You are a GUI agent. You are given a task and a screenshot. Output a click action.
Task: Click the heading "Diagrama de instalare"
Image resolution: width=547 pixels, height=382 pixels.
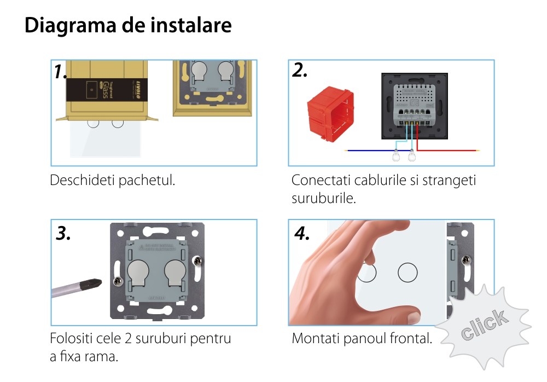click(x=128, y=26)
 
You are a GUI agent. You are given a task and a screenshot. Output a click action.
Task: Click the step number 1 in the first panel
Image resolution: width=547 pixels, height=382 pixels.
click(x=60, y=72)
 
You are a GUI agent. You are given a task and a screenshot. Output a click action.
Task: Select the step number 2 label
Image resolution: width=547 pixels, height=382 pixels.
click(x=300, y=71)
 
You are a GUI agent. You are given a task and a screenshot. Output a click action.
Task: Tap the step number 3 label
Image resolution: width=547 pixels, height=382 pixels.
click(x=63, y=234)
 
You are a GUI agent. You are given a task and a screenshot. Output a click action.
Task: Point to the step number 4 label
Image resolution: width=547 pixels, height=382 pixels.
click(x=302, y=233)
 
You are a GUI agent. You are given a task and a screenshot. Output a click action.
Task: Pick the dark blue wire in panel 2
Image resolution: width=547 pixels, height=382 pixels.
click(x=372, y=149)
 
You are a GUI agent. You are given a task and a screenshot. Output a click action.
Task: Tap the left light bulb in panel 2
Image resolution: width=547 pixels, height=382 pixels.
click(x=397, y=157)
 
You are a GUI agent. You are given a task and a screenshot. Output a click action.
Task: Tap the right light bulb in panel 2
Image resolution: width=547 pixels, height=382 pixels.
click(x=411, y=157)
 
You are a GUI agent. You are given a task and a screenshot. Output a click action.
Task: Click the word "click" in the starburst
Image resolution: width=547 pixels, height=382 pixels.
click(x=484, y=325)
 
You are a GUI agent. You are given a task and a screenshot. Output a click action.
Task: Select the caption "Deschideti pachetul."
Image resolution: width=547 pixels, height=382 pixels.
click(x=113, y=180)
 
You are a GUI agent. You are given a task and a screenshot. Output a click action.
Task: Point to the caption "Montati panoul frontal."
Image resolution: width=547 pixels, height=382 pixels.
click(x=362, y=338)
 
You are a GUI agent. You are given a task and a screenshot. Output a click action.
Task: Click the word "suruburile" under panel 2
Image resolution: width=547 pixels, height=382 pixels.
click(x=324, y=198)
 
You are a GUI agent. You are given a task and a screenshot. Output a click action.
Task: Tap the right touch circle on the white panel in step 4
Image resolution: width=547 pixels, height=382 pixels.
click(x=408, y=272)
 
